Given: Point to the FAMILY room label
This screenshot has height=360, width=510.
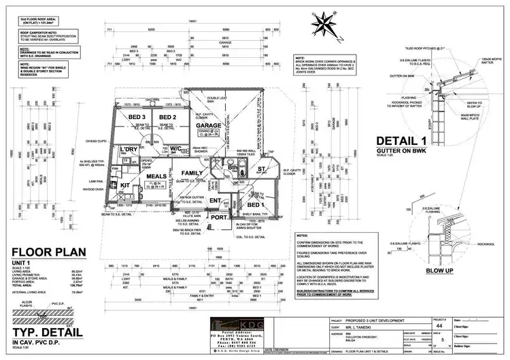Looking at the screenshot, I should click(192, 174).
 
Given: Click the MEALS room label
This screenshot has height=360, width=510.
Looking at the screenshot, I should click(157, 176).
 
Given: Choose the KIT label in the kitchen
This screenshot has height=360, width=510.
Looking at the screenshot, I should click(124, 184).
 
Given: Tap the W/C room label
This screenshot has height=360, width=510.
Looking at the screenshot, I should click(175, 148).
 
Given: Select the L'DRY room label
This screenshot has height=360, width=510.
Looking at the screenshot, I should click(129, 149).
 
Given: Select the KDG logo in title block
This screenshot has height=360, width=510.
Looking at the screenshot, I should click(235, 323).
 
